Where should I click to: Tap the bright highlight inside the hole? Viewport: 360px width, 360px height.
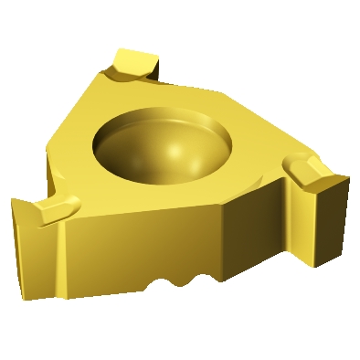point(175,147)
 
